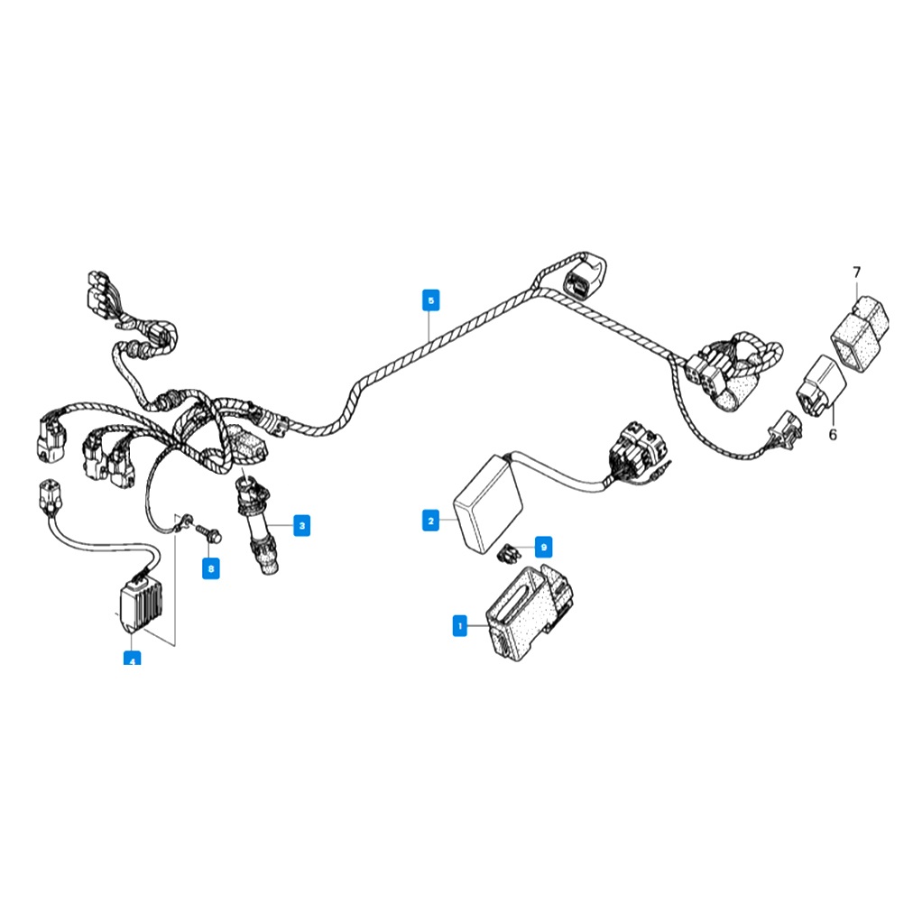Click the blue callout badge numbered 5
click(431, 300)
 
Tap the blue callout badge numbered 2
click(431, 521)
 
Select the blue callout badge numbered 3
click(302, 525)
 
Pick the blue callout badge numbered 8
click(210, 569)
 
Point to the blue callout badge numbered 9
click(543, 547)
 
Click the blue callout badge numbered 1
click(460, 624)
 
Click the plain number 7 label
click(856, 272)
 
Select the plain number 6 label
click(832, 434)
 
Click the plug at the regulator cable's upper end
click(50, 495)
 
